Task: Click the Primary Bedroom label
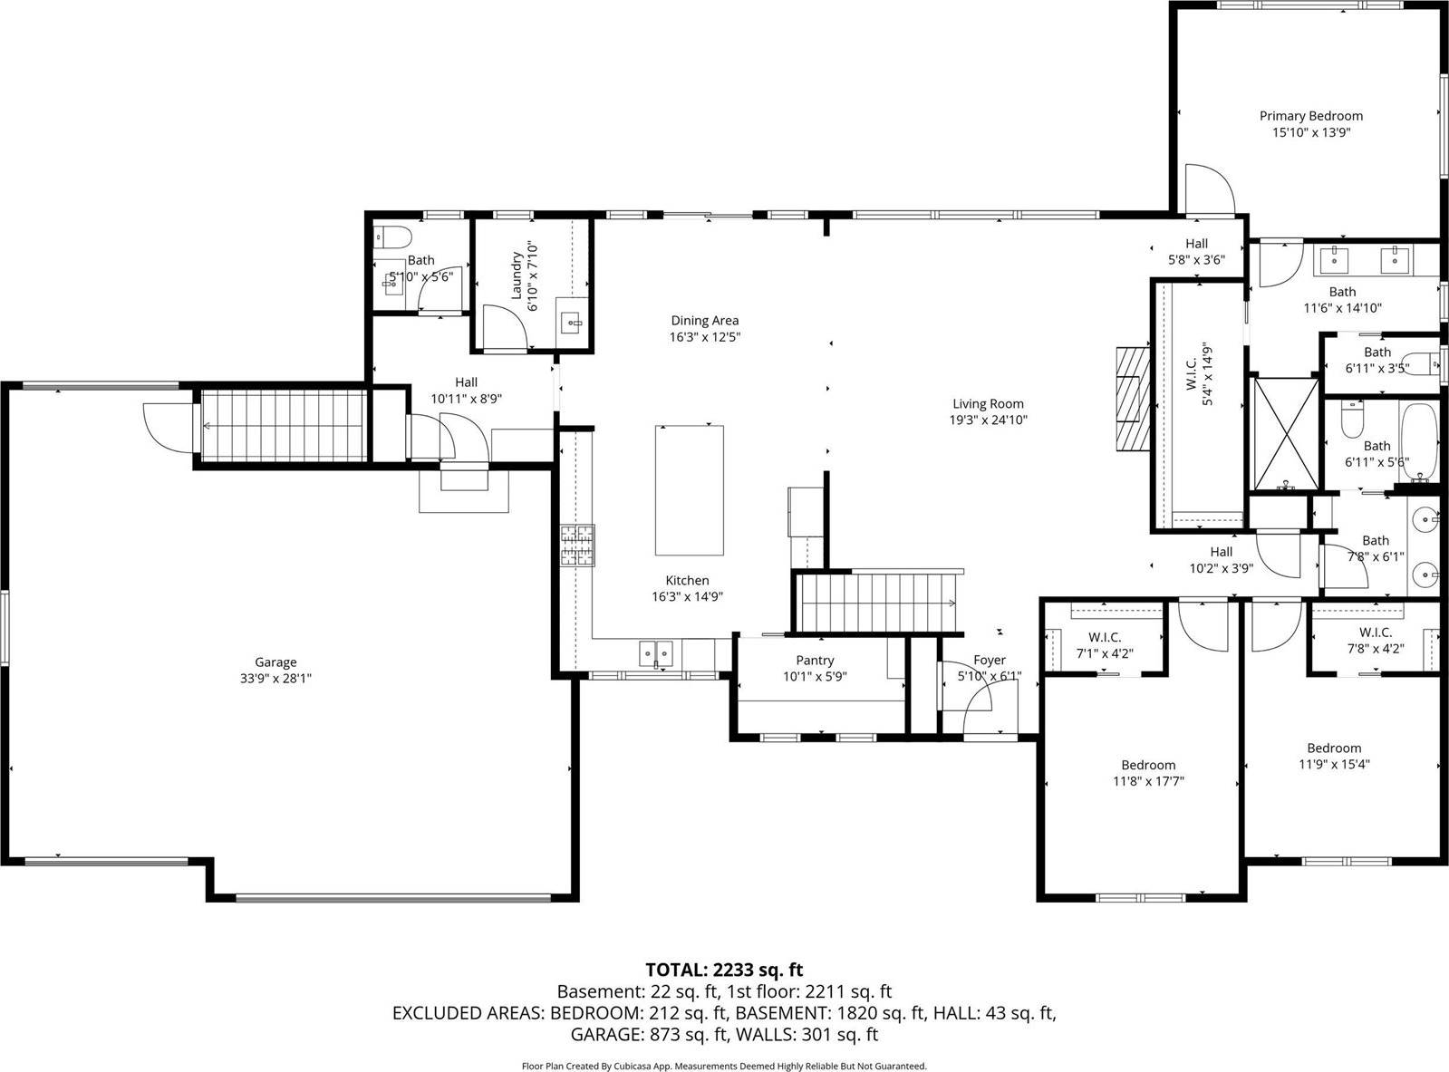[x=1310, y=116]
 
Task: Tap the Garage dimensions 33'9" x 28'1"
[x=275, y=678]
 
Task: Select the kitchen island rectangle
[x=689, y=490]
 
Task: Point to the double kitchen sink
[x=656, y=651]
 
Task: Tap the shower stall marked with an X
[x=1285, y=432]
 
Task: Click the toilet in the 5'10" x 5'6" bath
[x=392, y=237]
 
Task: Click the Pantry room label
[x=815, y=661]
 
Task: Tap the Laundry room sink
[x=573, y=320]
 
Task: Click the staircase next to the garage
[x=283, y=425]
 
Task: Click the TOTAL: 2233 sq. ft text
[x=724, y=971]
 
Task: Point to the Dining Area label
[x=704, y=320]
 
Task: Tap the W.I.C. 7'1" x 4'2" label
[x=1105, y=637]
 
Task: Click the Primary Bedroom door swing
[x=1208, y=188]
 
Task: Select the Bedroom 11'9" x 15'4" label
[x=1333, y=748]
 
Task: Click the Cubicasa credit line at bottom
[x=724, y=1067]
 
